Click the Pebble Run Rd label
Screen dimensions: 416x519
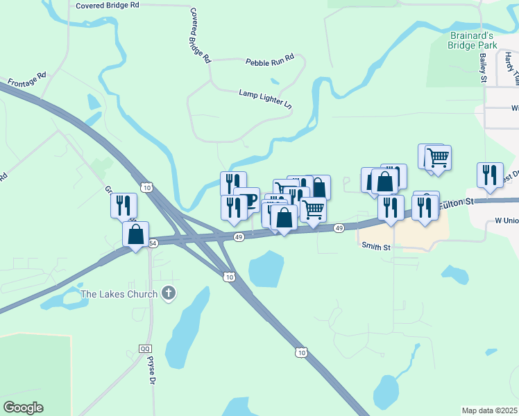270,61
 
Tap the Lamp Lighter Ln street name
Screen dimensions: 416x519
266,99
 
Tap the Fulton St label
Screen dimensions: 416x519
459,202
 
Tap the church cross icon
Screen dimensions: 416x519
168,293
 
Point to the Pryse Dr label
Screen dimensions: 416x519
151,370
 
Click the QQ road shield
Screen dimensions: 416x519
145,348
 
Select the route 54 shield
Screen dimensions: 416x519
153,243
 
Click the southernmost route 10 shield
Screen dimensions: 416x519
300,352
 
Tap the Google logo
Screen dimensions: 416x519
24,408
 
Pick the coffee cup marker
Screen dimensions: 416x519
248,200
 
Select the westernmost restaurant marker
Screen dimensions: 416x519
124,205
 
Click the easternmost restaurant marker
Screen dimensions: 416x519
491,175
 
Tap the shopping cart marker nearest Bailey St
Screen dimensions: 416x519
438,157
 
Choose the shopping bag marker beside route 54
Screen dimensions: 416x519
136,234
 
